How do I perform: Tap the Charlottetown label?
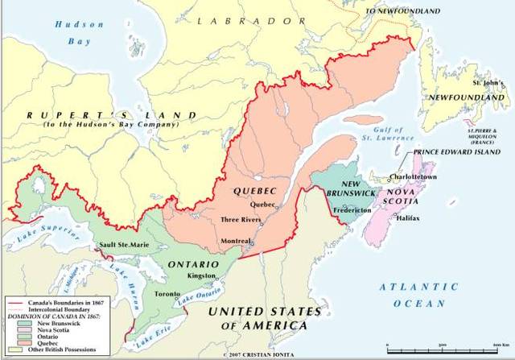tap(414, 176)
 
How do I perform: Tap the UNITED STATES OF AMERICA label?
tap(257, 317)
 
